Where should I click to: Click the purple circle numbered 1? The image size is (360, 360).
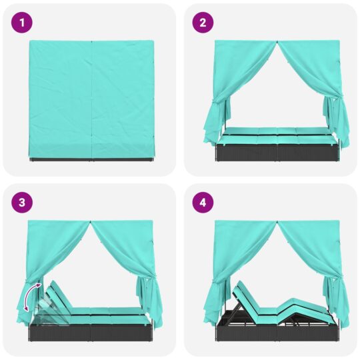pos(22,23)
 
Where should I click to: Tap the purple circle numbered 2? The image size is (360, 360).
pos(203,23)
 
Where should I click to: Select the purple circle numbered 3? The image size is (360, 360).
pos(22,203)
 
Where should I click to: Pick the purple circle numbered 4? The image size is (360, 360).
pos(203,203)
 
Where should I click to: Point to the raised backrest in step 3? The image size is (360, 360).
pos(59,295)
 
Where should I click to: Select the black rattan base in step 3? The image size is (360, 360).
pos(90,333)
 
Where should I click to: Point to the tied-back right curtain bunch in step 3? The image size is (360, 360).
pos(149,301)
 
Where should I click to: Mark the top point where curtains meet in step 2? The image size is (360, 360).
pos(277,41)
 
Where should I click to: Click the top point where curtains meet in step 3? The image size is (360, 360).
pos(90,221)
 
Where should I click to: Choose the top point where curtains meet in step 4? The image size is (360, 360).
pos(277,221)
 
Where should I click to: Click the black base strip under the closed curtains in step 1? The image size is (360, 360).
pos(91,159)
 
